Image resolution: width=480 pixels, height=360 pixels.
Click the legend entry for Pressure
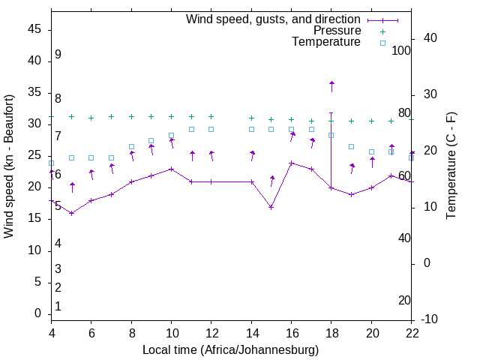tap(337, 31)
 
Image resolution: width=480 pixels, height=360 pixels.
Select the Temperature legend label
tap(326, 42)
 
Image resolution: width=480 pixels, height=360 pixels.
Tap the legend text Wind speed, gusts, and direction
tap(274, 19)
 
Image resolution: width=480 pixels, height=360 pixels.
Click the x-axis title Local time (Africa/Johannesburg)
tap(230, 349)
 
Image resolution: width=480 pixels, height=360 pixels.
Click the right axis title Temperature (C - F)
tap(451, 166)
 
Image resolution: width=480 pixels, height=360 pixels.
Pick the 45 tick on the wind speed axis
tap(34, 29)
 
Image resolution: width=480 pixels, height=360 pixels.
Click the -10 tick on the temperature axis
tap(430, 319)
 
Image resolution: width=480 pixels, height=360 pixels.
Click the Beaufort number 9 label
tap(58, 55)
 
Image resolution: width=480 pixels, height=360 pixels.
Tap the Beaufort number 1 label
tap(58, 306)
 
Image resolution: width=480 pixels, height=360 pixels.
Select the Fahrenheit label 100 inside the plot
tap(402, 51)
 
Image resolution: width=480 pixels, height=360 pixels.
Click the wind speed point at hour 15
tap(271, 207)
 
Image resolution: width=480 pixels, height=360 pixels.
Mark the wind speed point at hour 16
tap(292, 163)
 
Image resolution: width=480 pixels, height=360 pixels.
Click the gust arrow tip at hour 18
tap(331, 82)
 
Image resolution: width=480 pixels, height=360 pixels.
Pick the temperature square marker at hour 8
tap(131, 147)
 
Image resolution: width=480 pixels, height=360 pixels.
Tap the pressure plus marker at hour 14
tap(251, 118)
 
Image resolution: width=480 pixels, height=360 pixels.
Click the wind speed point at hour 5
tap(71, 213)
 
